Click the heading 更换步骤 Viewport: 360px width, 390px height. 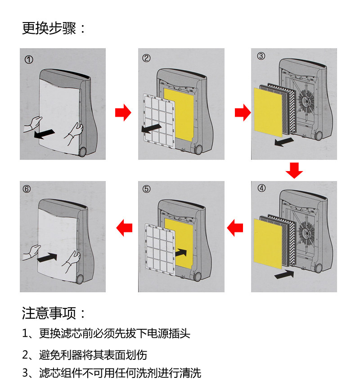(54, 28)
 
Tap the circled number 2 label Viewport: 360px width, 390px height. (146, 58)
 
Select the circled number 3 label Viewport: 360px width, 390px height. (261, 56)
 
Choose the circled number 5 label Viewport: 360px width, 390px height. (146, 189)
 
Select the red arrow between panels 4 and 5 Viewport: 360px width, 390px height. (235, 227)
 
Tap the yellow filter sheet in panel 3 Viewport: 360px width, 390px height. (268, 111)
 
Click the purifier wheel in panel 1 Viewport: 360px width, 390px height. (82, 152)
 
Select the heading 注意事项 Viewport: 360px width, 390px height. (54, 313)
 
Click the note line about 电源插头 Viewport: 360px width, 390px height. (106, 334)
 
